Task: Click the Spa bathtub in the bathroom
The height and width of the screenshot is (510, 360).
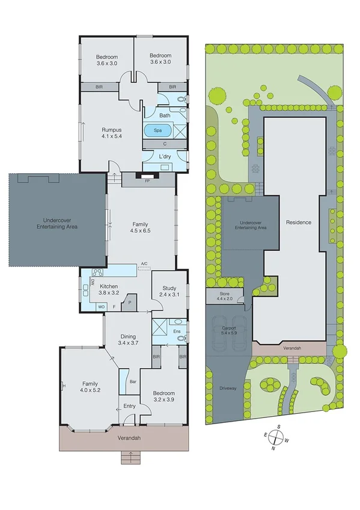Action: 158,130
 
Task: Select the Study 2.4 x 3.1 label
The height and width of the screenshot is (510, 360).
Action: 169,292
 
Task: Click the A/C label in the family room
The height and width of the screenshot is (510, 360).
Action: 144,264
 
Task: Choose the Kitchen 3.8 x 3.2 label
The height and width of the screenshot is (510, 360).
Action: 113,290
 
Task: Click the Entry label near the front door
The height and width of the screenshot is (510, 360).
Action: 129,407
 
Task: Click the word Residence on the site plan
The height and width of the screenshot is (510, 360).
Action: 299,222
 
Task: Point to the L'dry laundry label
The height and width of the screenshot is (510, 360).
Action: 165,157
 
